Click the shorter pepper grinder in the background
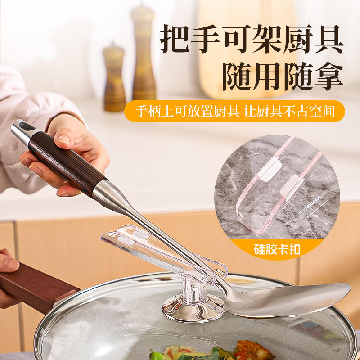click(x=114, y=78)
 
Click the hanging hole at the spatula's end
click(x=25, y=126)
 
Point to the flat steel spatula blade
click(x=287, y=300)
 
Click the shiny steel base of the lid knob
click(x=193, y=308)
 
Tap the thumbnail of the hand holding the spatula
click(x=63, y=139)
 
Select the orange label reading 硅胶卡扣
click(x=277, y=250)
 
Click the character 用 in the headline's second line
click(x=268, y=76)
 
